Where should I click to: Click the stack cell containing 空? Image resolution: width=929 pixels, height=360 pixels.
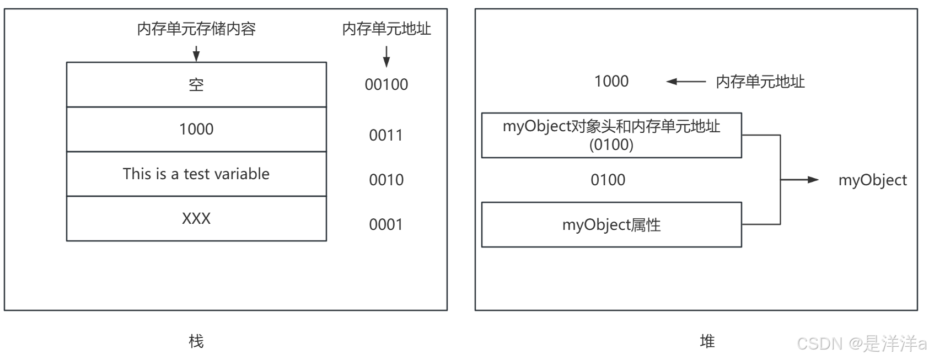196,84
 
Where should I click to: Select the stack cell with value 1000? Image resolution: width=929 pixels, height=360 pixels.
196,129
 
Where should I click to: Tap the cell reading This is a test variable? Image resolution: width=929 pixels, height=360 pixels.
196,174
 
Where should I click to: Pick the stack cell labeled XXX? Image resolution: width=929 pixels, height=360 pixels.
196,218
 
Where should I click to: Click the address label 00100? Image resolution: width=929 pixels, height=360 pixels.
386,84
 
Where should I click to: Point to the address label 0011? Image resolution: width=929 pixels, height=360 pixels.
386,135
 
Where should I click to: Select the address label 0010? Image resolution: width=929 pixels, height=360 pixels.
386,180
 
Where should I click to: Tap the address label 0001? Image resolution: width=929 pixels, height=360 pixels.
386,224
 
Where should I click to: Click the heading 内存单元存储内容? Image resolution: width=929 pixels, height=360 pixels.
196,29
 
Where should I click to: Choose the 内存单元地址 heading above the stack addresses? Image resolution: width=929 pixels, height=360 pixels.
386,29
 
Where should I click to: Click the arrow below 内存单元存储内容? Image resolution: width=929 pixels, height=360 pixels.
196,53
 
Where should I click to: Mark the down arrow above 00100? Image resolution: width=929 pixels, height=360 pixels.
386,57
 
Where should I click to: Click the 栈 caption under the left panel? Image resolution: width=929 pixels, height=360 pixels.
196,341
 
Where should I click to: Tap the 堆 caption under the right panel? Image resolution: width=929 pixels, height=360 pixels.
707,341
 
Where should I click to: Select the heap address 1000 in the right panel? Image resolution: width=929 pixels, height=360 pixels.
611,81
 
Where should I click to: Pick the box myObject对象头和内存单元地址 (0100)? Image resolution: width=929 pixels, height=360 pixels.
611,135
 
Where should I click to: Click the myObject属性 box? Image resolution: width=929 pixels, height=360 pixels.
611,224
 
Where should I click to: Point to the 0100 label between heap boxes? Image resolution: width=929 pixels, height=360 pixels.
608,180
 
